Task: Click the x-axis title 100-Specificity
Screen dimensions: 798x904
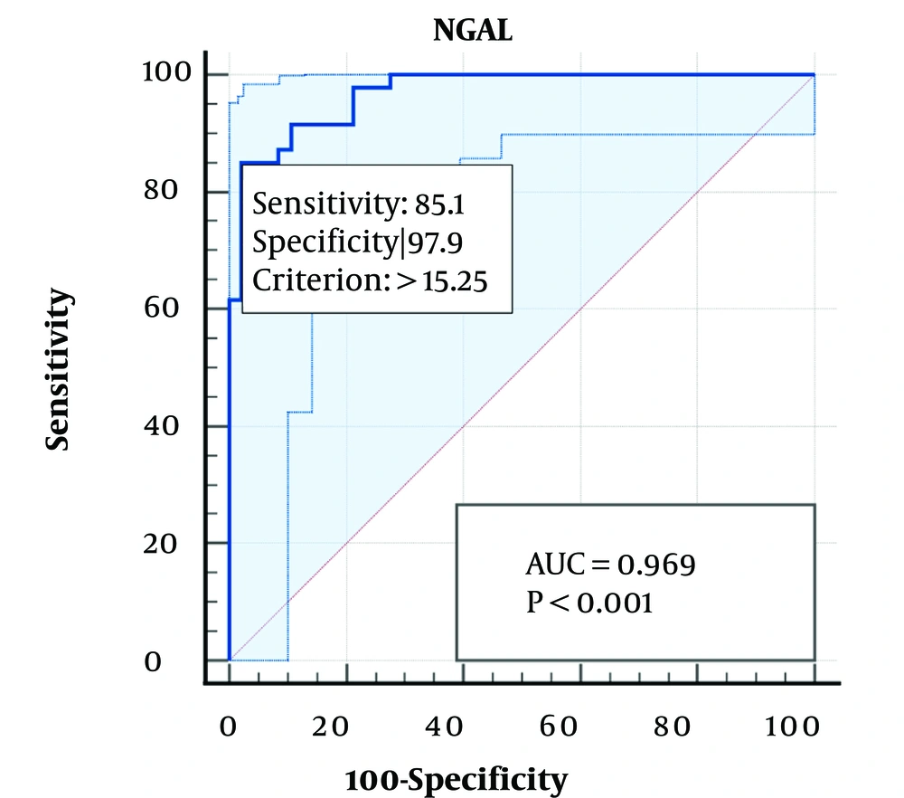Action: tap(456, 778)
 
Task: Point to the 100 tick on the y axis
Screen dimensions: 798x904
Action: tap(165, 74)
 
